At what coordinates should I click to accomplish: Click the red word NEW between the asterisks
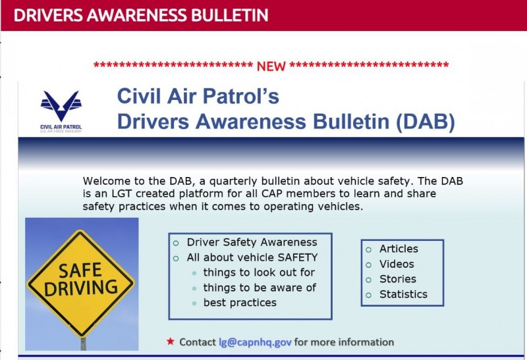[271, 66]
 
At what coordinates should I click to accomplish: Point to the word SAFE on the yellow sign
[80, 270]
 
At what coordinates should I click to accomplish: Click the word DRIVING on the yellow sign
[81, 288]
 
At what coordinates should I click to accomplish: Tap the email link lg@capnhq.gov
[255, 342]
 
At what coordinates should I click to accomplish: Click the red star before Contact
[171, 342]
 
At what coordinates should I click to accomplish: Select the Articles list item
[399, 249]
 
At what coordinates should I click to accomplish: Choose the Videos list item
[397, 264]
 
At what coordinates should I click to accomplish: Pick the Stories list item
[398, 279]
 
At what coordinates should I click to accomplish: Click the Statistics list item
[403, 294]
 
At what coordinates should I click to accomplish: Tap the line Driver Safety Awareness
[252, 242]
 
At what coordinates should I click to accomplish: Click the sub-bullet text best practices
[240, 303]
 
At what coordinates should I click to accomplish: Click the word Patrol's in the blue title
[241, 96]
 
